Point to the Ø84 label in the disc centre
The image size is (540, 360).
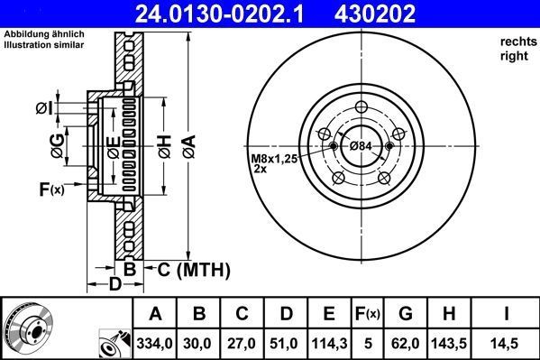[x=361, y=146]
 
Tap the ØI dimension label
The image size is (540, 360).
[x=45, y=109]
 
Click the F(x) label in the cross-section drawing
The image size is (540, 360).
[x=51, y=189]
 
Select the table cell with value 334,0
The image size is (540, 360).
[x=155, y=344]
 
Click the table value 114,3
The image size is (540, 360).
[x=329, y=344]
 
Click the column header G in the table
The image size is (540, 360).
[x=407, y=315]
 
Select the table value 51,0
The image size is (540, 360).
[x=287, y=344]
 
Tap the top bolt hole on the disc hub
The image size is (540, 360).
[x=361, y=109]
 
